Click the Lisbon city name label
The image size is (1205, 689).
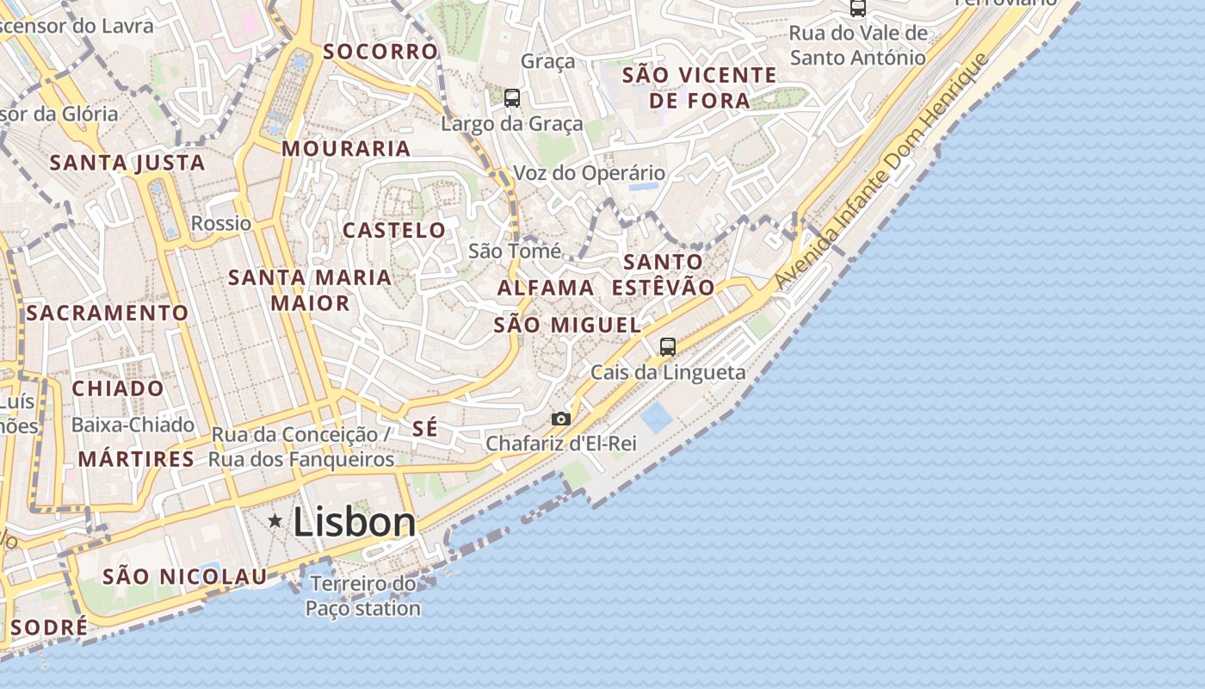point(355,523)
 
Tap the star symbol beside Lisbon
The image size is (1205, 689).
point(275,520)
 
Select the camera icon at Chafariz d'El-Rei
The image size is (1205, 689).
point(561,419)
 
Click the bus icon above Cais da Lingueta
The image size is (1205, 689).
point(668,347)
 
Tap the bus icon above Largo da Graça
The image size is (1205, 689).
point(512,98)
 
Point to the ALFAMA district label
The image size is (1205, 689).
point(546,288)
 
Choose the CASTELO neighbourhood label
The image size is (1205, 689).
point(394,230)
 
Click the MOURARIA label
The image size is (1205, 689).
point(346,148)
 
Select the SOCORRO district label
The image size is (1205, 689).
point(380,51)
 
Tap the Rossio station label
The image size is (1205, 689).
point(221,223)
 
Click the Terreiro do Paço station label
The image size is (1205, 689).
point(363,596)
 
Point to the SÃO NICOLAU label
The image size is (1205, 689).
point(185,576)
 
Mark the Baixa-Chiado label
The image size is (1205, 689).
point(133,425)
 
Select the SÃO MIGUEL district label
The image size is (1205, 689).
point(567,325)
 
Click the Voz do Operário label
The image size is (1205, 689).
point(589,173)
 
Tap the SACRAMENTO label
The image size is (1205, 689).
point(107,313)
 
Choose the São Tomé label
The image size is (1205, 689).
point(515,251)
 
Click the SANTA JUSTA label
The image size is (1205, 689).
point(127,162)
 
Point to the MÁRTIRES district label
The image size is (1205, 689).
point(136,459)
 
